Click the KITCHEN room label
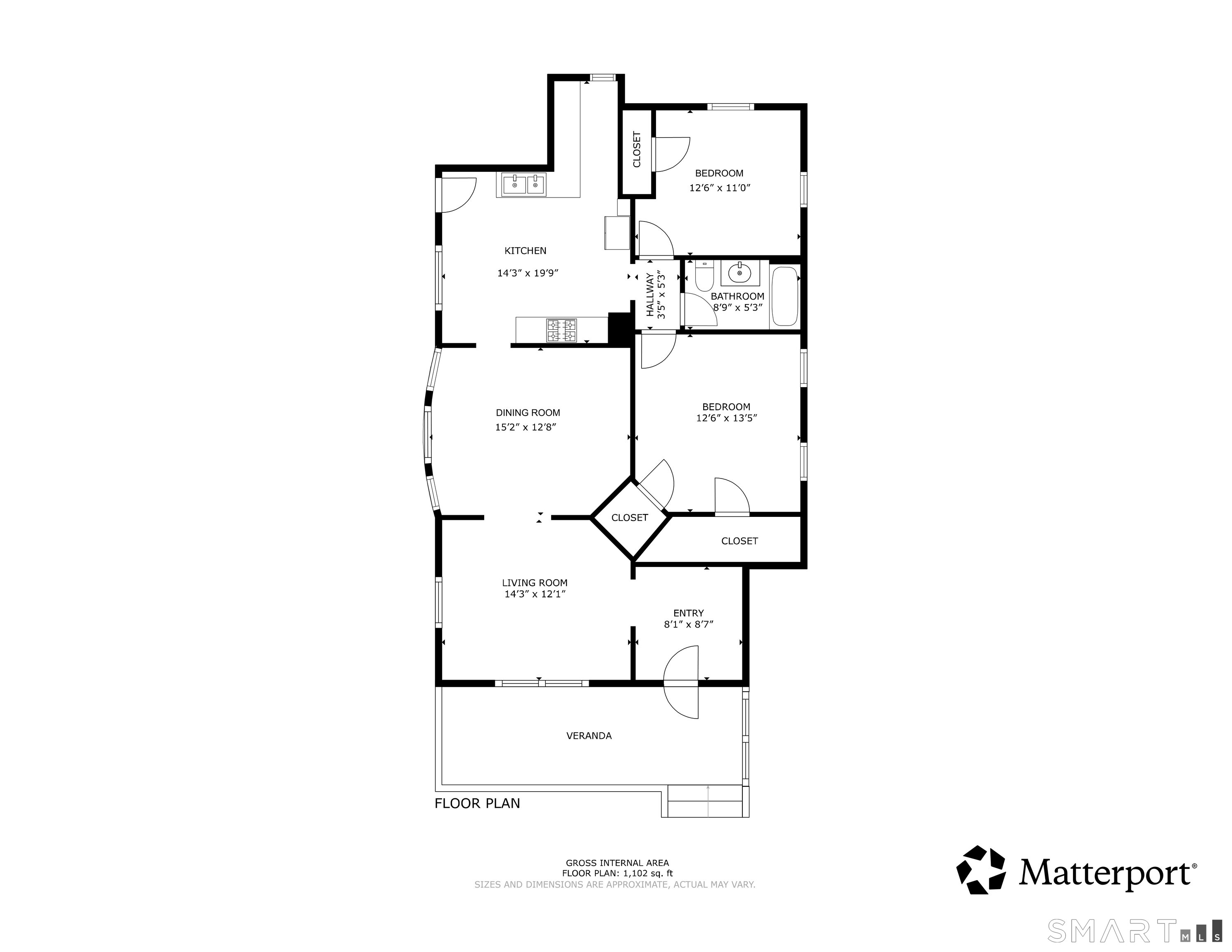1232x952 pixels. point(525,250)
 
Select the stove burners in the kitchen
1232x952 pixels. point(561,331)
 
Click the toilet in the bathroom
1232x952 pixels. point(704,276)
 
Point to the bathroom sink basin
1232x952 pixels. point(740,274)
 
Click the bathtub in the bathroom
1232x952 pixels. point(785,296)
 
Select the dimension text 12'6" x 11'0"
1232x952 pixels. point(719,188)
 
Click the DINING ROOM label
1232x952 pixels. point(528,412)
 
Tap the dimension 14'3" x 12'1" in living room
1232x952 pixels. point(535,594)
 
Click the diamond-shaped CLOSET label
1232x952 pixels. point(630,517)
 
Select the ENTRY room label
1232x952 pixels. point(688,613)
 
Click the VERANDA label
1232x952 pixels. point(588,735)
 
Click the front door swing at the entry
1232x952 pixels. point(681,683)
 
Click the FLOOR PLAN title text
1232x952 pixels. point(477,803)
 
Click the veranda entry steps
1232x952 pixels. point(708,801)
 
